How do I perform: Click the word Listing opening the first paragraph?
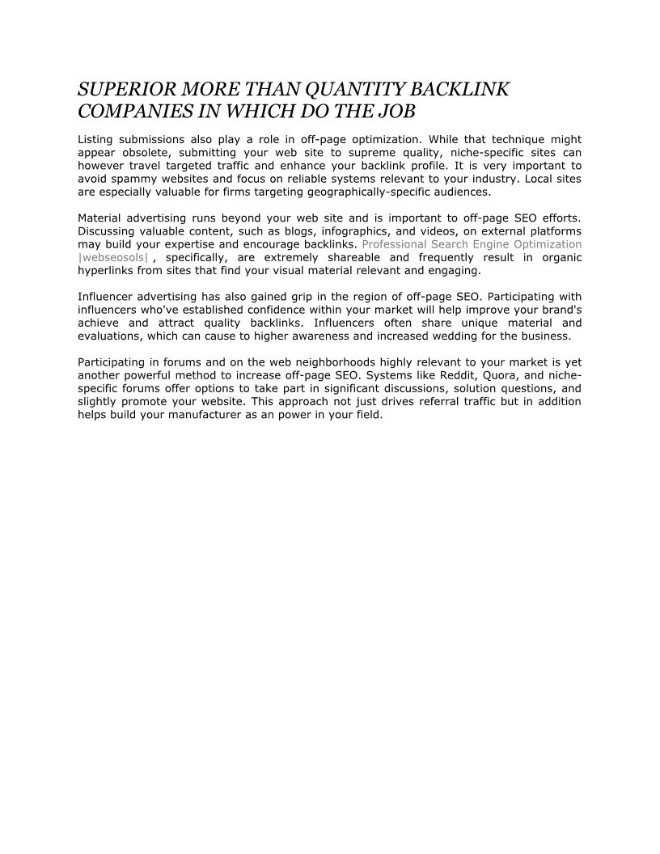click(95, 140)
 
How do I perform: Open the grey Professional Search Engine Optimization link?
click(472, 243)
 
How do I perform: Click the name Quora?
click(482, 375)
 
